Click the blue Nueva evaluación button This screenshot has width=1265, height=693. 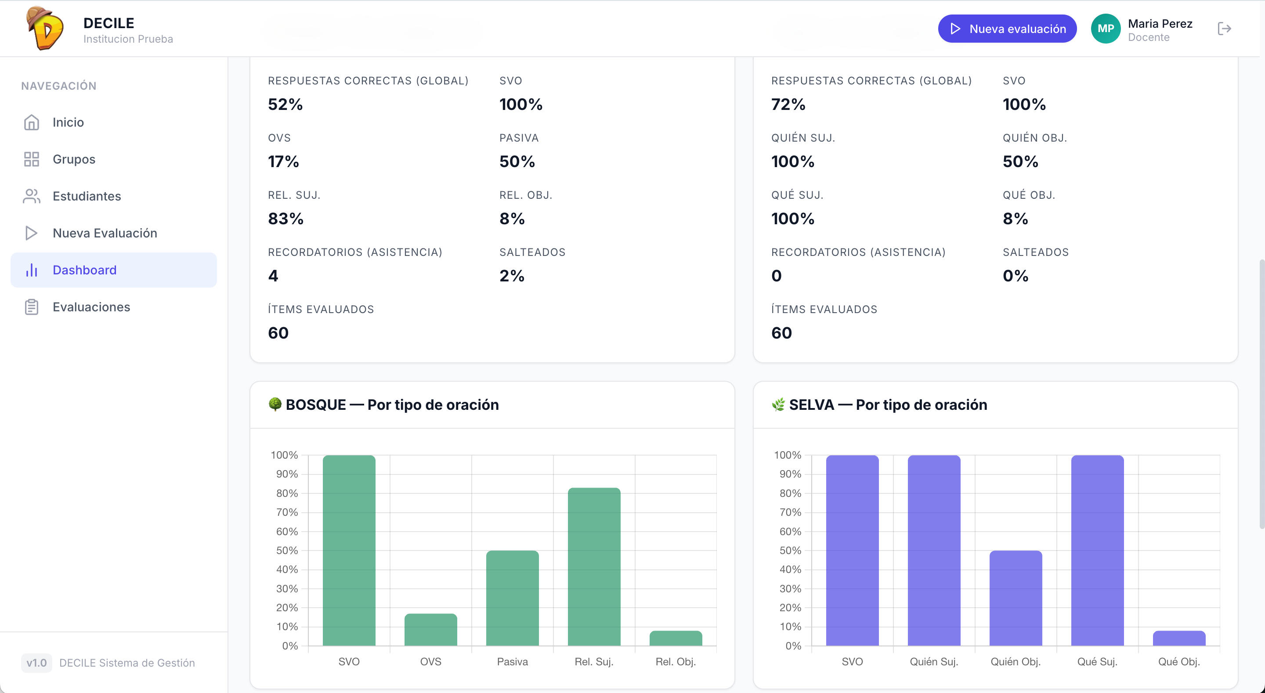pos(1007,29)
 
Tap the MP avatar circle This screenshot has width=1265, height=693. pos(1106,29)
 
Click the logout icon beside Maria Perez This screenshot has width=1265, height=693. pos(1224,29)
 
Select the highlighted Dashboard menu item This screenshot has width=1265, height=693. pos(113,270)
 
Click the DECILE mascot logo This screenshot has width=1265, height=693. pos(45,28)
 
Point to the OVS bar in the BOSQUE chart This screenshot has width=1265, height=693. pos(430,630)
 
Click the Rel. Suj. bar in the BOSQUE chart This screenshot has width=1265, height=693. pos(594,567)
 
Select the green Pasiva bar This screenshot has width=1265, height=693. pos(512,598)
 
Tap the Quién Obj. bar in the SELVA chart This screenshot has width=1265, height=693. pos(1016,598)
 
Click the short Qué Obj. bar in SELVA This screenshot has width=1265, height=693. pos(1179,638)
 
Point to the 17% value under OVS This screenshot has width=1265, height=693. pos(283,161)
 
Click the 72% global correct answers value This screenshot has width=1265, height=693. pos(788,104)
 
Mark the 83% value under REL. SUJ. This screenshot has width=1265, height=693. pos(286,219)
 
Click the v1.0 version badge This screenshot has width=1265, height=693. pos(36,663)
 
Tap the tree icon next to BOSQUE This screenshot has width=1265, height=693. pos(275,404)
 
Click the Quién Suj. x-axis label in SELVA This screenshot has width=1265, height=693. pos(934,661)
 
